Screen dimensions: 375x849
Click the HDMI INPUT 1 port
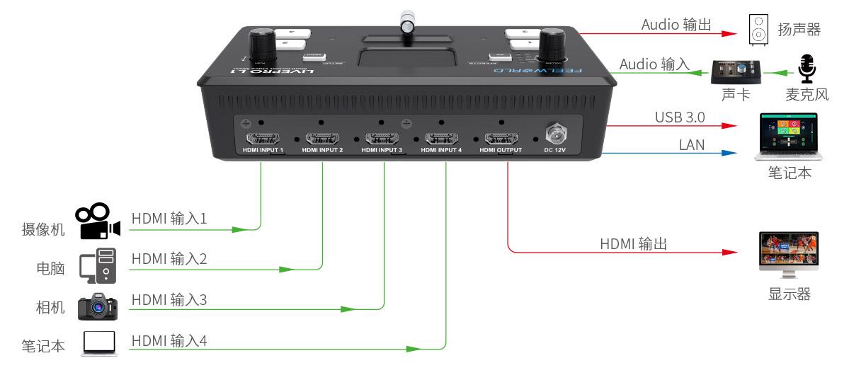261,138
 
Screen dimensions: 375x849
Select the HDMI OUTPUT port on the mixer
501,138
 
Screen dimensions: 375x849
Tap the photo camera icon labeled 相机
98,306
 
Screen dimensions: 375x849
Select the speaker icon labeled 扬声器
758,32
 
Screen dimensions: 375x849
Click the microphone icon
806,71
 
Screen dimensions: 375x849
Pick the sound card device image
736,72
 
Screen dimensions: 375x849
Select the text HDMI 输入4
169,340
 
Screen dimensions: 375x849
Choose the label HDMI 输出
634,244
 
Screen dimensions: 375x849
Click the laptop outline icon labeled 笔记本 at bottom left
100,344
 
